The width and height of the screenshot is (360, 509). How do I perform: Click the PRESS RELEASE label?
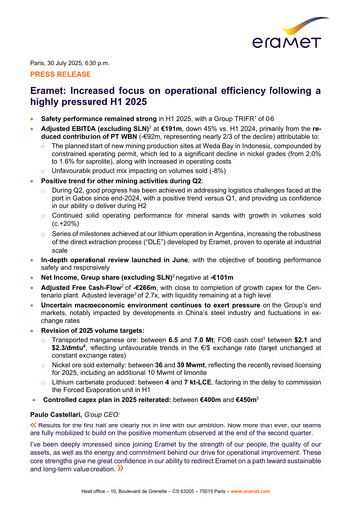coord(63,74)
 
